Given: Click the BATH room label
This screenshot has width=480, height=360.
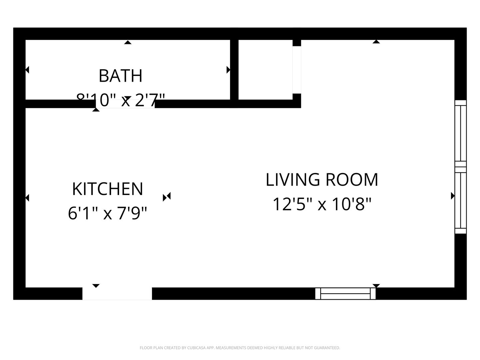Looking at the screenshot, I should tap(121, 76).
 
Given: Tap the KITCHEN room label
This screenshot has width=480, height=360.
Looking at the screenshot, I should tap(108, 189).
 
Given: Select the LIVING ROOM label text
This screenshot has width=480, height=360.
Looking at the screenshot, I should tap(322, 180).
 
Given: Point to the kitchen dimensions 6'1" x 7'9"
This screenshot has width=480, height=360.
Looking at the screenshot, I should tap(107, 213).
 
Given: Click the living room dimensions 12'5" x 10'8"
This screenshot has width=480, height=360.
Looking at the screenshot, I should tap(322, 204).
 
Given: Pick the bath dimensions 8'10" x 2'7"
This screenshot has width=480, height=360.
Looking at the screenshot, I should tap(121, 100).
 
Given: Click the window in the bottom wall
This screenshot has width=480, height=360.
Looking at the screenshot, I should tap(345, 294).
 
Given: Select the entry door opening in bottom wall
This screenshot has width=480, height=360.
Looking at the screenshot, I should tap(117, 294).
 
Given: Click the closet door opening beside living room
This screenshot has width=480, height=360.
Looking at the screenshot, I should tap(297, 70).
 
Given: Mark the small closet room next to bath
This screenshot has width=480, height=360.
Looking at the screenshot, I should tap(265, 70).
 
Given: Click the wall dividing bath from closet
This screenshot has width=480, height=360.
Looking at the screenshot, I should tap(234, 70).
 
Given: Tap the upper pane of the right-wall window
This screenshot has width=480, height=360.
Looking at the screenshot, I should tap(461, 133).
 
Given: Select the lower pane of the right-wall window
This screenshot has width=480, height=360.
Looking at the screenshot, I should tap(461, 200).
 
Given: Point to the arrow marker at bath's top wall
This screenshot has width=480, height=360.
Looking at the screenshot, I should tap(128, 42).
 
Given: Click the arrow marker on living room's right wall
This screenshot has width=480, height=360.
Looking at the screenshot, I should tap(453, 196).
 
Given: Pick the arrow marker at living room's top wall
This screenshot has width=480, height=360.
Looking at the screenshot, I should tap(376, 42).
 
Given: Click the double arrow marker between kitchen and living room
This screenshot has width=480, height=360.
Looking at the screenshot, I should tap(167, 197).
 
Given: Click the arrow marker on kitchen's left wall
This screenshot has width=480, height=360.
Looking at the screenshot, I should tap(27, 198).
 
